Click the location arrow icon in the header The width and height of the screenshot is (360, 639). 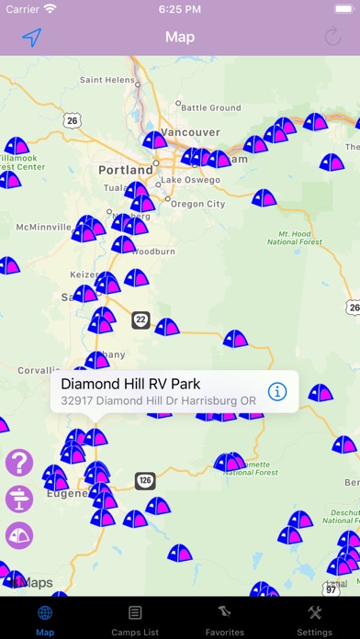pos(32,38)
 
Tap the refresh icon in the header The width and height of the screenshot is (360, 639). pos(333,38)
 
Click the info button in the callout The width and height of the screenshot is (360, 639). pos(277,392)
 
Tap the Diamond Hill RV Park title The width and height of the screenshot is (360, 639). pos(130,384)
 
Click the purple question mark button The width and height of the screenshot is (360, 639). pos(19,463)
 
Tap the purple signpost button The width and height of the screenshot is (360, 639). pos(19,499)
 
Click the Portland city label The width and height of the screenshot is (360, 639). pos(126,170)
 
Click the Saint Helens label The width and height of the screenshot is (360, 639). pos(109,80)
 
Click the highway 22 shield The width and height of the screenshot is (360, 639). pos(140,319)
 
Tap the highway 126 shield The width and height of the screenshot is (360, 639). pos(144,479)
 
